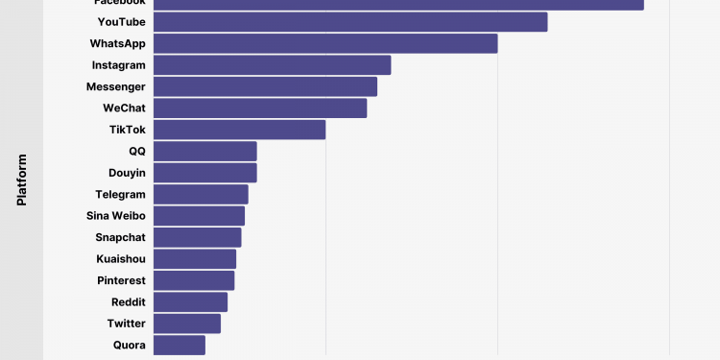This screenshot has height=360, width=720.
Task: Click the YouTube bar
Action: coord(350,22)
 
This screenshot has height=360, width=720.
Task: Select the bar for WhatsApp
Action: coord(325,43)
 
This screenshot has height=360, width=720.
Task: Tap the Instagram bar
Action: coord(272,65)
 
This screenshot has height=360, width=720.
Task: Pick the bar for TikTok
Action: coord(239,130)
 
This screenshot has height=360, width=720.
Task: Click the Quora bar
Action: coord(179,346)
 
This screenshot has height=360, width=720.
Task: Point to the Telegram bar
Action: coord(201,195)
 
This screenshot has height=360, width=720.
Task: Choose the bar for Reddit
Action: coord(190,302)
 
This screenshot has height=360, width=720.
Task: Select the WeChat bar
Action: coord(260,108)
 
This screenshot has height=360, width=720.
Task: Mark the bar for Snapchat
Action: coord(197,238)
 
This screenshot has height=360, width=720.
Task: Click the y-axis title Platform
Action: coord(21,180)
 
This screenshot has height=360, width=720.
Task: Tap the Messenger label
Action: coord(115,86)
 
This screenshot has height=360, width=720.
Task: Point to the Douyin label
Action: coord(127,173)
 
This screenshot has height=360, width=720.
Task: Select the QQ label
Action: coord(137,152)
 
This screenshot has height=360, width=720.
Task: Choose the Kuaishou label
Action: coord(121,259)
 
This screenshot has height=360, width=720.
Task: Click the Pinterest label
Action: coord(121,281)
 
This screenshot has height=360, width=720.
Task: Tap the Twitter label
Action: coord(126,324)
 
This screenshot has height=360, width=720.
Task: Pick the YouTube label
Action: coord(121,22)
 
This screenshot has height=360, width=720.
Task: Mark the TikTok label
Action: coord(128,130)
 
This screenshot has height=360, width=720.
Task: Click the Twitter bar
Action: coord(186,324)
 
